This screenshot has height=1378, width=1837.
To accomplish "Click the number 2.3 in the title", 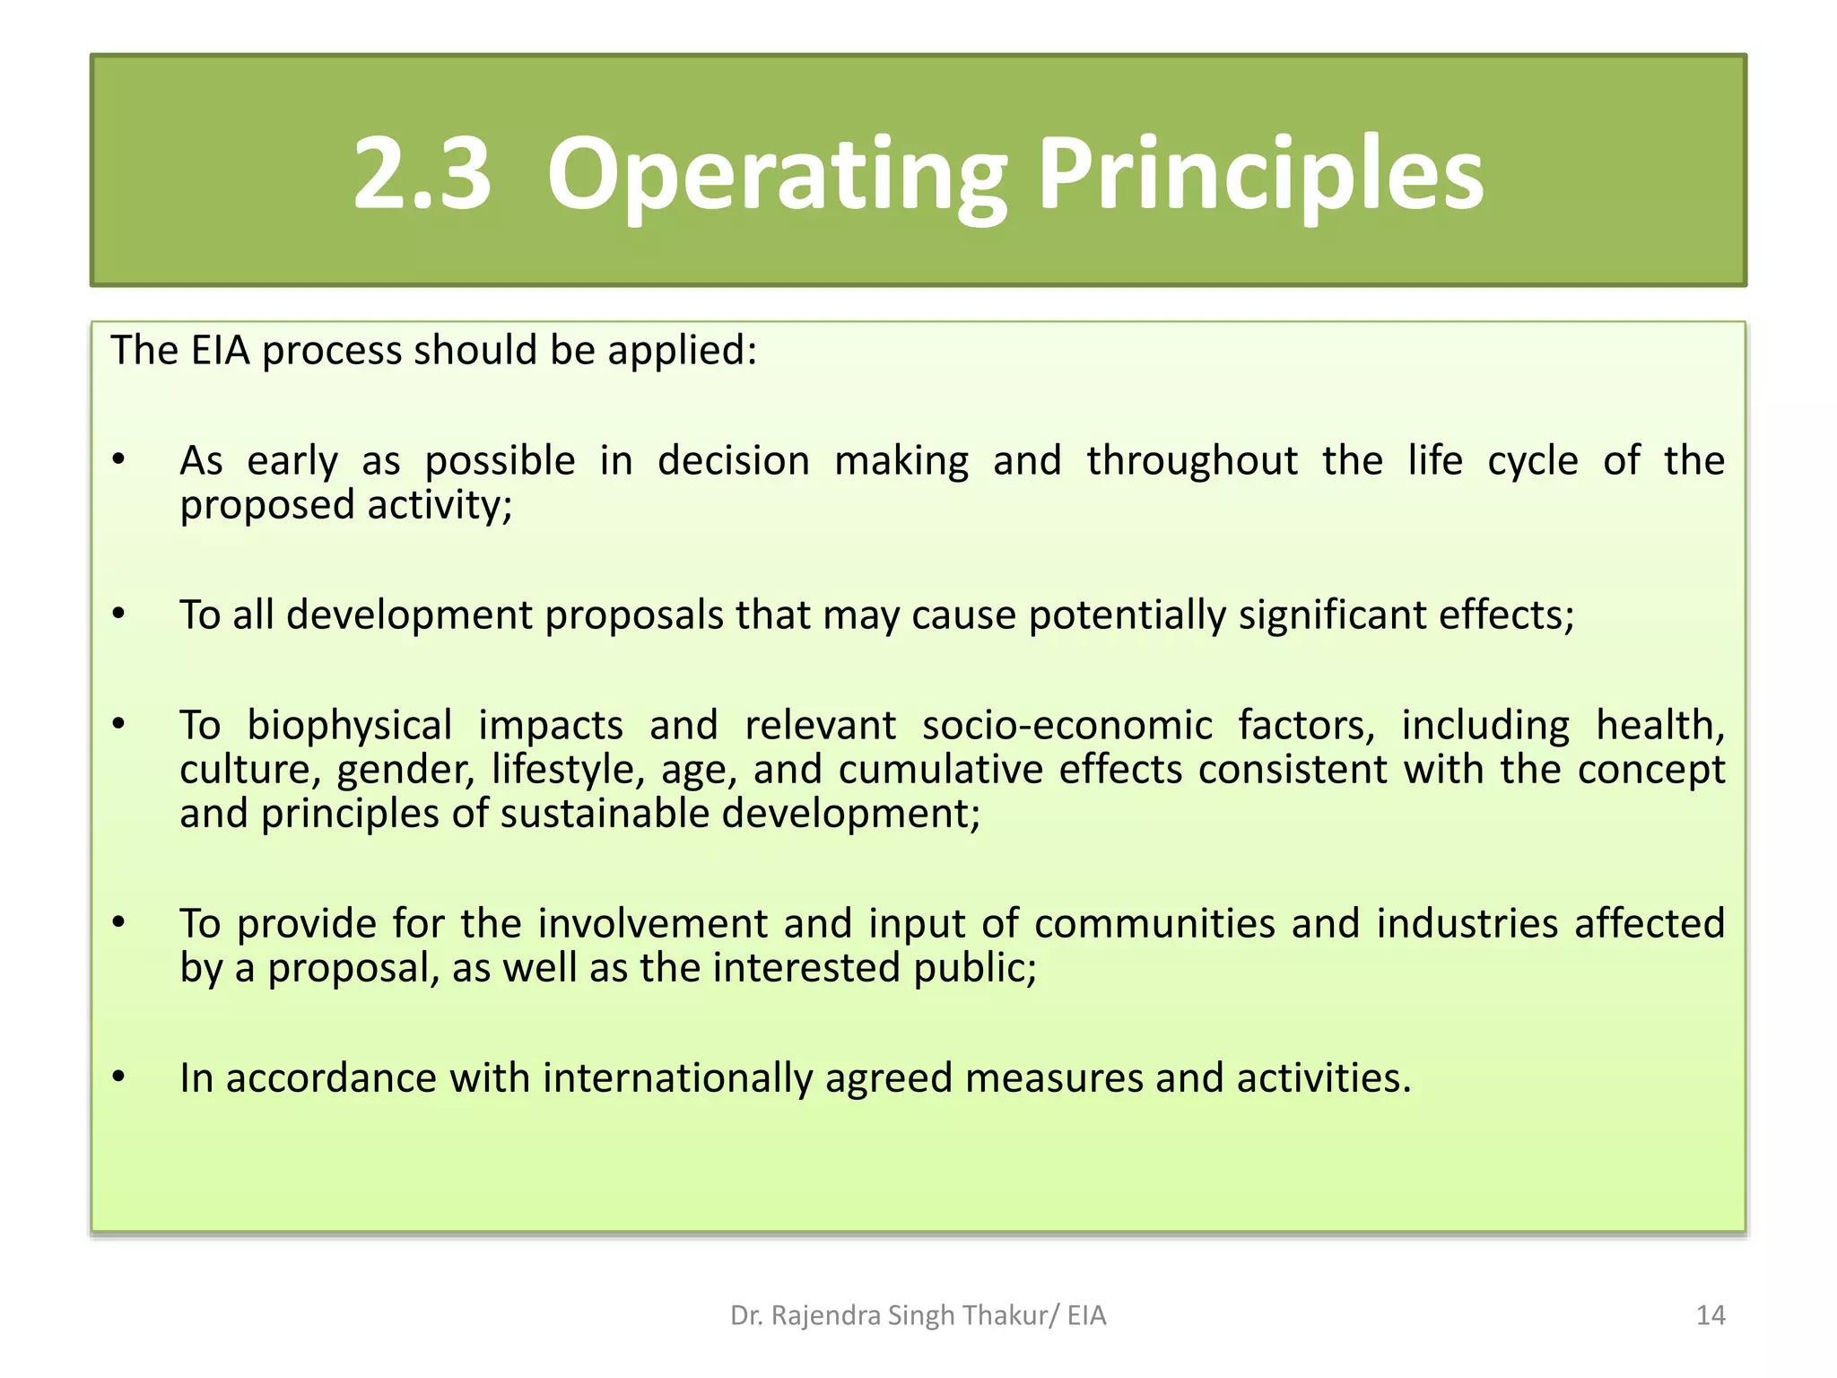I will [422, 173].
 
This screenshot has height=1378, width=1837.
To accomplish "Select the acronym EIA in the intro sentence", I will [220, 350].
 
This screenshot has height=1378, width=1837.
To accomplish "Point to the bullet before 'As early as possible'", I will [118, 460].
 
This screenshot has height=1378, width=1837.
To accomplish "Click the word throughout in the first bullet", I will [1192, 461].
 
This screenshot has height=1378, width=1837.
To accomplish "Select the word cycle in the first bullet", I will [1532, 461].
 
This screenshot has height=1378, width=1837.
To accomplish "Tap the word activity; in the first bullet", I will [440, 504].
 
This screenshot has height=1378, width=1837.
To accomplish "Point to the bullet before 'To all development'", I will [118, 615].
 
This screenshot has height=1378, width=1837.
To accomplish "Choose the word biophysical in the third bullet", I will [349, 726].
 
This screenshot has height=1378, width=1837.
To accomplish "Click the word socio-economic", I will [1067, 726].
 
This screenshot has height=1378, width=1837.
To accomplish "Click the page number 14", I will [1711, 1315].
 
